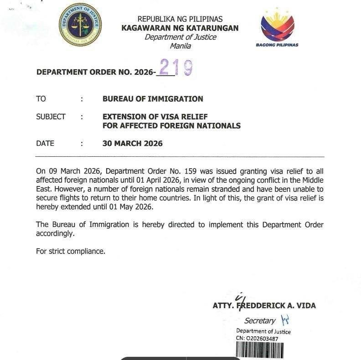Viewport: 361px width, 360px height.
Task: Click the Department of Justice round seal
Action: point(80,24)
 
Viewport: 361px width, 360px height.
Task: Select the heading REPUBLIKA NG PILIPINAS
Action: point(180,19)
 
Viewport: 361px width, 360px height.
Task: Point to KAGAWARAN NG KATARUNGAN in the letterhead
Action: point(180,28)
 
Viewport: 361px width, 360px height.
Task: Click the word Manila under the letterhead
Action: point(180,46)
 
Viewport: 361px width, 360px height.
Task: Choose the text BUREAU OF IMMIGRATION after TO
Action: point(153,99)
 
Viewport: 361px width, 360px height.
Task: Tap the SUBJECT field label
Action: point(51,117)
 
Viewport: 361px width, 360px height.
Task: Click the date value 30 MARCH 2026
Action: point(132,144)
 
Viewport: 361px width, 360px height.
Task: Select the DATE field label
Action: point(45,144)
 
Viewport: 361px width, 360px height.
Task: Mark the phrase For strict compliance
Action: point(71,251)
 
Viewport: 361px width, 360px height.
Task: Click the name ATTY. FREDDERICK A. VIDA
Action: point(264,305)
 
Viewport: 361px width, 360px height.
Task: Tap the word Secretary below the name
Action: point(260,321)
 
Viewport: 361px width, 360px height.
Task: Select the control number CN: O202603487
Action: point(257,339)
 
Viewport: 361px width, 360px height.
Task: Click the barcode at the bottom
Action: point(259,350)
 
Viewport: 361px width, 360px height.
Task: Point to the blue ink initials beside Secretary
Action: point(286,320)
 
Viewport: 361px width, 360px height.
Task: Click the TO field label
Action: point(41,99)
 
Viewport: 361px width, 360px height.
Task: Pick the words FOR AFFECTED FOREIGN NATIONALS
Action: point(171,126)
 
